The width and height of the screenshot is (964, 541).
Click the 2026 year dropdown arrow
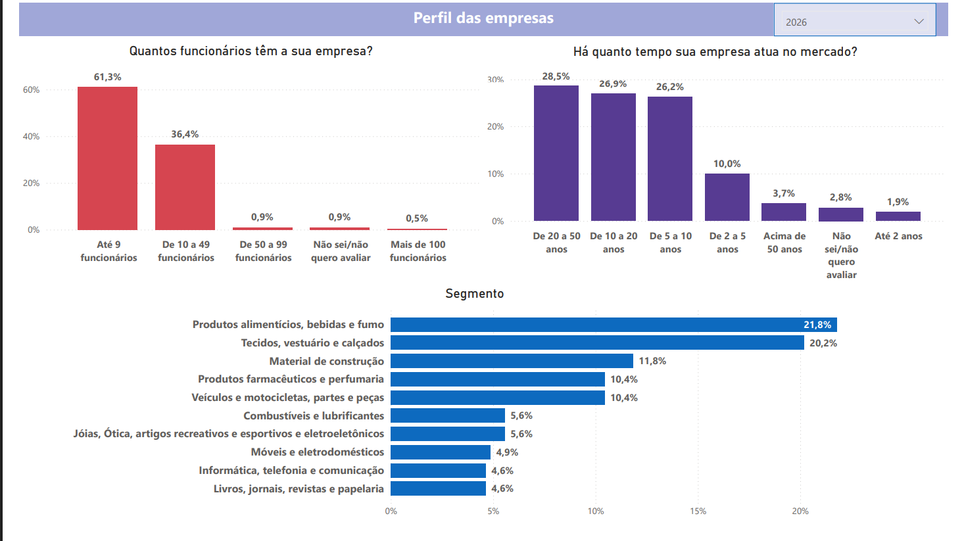pyautogui.click(x=919, y=22)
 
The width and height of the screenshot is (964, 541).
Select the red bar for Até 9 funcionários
pyautogui.click(x=107, y=158)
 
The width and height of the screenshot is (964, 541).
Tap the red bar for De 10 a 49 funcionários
pyautogui.click(x=185, y=187)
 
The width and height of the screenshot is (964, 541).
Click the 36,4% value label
pyautogui.click(x=185, y=134)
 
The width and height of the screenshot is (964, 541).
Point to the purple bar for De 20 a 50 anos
pyautogui.click(x=556, y=153)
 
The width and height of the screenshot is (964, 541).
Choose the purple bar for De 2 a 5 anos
pyautogui.click(x=727, y=197)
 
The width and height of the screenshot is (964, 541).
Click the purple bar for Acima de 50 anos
pyautogui.click(x=784, y=212)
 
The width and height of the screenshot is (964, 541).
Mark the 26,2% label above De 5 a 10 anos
pyautogui.click(x=670, y=87)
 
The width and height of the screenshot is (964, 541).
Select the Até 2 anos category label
pyautogui.click(x=898, y=236)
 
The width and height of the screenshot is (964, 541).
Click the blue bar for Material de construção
pyautogui.click(x=512, y=361)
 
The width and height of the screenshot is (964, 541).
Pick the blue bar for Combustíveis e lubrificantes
pyautogui.click(x=448, y=415)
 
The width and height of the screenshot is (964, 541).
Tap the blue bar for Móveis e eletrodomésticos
pyautogui.click(x=441, y=452)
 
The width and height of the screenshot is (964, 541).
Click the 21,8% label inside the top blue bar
pyautogui.click(x=817, y=325)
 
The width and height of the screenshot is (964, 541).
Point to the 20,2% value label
pyautogui.click(x=823, y=343)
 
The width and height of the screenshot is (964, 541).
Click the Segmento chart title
pyautogui.click(x=475, y=294)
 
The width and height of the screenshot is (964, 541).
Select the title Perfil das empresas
pyautogui.click(x=483, y=18)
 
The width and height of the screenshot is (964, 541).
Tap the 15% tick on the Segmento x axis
pyautogui.click(x=698, y=511)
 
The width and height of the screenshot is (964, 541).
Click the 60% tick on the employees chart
pyautogui.click(x=31, y=89)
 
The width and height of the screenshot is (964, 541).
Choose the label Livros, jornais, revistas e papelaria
pyautogui.click(x=299, y=488)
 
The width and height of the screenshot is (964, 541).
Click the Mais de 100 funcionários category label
pyautogui.click(x=418, y=251)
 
